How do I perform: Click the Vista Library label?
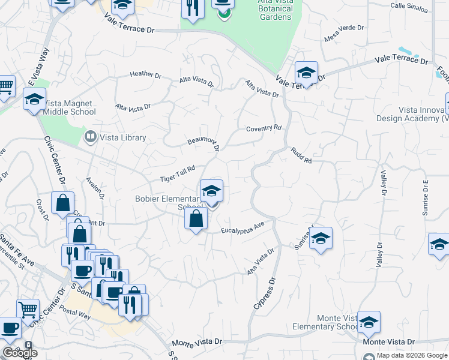coord(122,137)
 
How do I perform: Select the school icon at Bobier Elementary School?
coord(211,191)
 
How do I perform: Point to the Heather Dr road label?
coord(146,74)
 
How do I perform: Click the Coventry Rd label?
coord(264,128)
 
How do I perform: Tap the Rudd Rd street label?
coord(301,156)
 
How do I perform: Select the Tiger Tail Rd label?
coord(178,175)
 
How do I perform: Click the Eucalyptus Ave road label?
coord(243,228)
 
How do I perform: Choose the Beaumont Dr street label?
coord(203,143)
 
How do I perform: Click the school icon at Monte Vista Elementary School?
coord(368,322)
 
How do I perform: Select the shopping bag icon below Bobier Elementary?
coord(196,219)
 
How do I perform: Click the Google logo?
coord(20,353)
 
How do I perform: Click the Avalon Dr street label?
coord(95,188)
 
